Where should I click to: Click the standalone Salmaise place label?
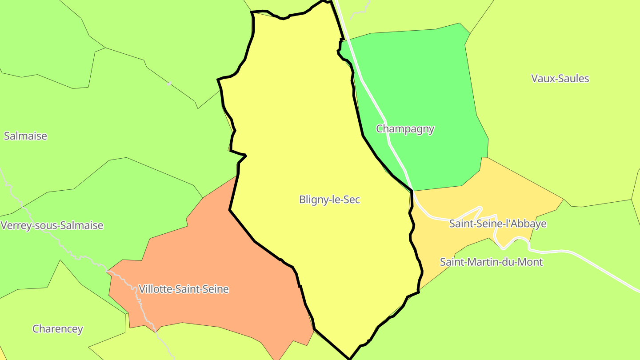tap(25, 136)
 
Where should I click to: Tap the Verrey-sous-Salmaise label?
tap(52, 225)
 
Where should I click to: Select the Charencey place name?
tap(58, 329)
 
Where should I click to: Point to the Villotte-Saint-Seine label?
tap(184, 289)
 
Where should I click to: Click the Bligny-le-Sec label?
tap(329, 200)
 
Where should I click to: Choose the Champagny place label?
tap(405, 129)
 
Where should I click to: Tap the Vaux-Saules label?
tap(560, 79)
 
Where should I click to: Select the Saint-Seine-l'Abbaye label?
tap(498, 224)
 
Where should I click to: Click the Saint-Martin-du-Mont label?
tap(491, 262)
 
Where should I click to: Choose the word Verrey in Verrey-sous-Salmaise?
tap(15, 225)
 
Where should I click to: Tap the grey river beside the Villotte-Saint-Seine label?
tap(133, 289)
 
